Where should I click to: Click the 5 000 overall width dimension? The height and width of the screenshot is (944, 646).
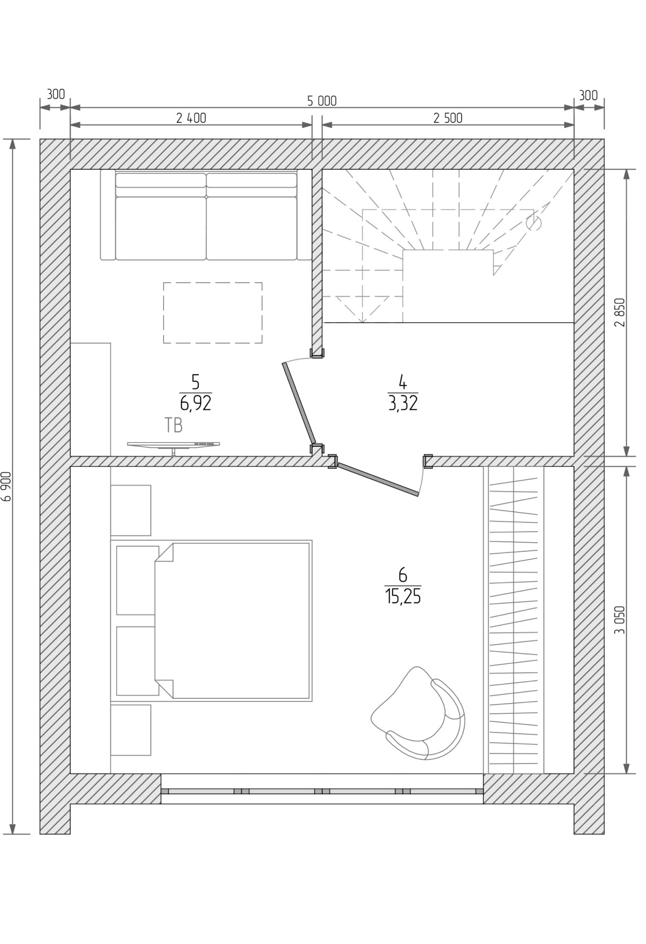click(322, 101)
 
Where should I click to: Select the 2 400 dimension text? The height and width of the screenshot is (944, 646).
click(191, 118)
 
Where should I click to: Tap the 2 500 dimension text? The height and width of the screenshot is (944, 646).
click(448, 118)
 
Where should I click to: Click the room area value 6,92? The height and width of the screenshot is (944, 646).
click(196, 403)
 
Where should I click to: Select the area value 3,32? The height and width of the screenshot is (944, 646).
click(403, 403)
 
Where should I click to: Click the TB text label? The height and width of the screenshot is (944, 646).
click(174, 426)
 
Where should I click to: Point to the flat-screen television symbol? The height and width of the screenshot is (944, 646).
click(174, 445)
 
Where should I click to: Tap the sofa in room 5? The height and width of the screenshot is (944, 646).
click(206, 215)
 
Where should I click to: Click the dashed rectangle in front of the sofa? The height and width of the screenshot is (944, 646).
click(213, 313)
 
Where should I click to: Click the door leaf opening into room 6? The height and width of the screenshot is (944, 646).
click(378, 479)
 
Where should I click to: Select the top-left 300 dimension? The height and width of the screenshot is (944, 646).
click(55, 94)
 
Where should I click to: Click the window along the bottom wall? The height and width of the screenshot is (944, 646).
click(322, 791)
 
